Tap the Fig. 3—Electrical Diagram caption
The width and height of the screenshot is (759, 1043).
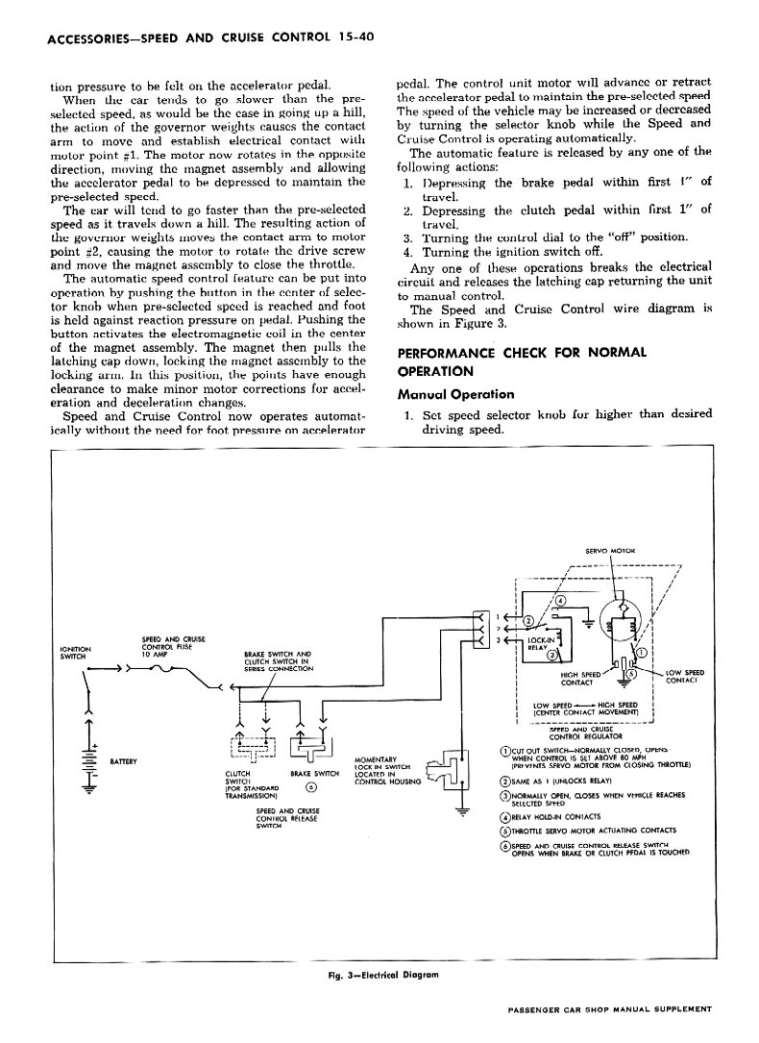tap(382, 974)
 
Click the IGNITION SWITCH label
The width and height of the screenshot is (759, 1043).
tap(74, 653)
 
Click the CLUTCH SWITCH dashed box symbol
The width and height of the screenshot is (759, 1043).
tap(254, 746)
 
